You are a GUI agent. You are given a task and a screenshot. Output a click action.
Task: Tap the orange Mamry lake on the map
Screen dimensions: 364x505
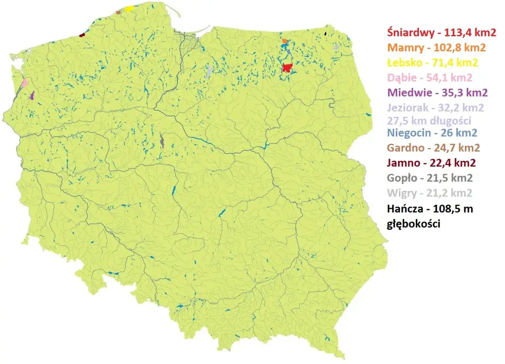click(x=284, y=41)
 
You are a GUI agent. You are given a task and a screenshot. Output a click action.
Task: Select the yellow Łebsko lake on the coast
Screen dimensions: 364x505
click(x=129, y=9)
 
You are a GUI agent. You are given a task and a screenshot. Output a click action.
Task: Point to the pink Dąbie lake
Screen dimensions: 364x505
click(x=25, y=82)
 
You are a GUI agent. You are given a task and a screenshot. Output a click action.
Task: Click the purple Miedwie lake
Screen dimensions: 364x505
click(x=32, y=95)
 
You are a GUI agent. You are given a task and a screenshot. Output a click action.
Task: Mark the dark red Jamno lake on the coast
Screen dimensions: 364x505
click(x=82, y=35)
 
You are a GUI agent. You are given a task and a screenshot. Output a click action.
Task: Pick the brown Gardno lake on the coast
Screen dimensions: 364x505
click(x=118, y=12)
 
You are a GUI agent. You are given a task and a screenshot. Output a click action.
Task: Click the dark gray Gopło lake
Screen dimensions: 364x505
click(x=162, y=141)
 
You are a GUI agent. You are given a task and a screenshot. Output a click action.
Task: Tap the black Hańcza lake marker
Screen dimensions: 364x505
click(x=325, y=34)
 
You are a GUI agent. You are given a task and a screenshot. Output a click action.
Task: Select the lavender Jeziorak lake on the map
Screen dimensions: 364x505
click(x=209, y=72)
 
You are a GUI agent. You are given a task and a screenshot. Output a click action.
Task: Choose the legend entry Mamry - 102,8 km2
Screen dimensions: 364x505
click(x=436, y=48)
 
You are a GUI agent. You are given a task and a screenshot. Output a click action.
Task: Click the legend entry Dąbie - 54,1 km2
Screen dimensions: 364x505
click(x=430, y=78)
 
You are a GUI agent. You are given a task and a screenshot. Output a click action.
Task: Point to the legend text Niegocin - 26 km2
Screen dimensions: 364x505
click(x=432, y=133)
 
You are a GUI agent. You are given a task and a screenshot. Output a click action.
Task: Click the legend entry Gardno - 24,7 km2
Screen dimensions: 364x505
click(x=434, y=148)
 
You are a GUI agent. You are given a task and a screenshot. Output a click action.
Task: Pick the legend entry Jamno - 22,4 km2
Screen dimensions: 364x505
click(x=431, y=163)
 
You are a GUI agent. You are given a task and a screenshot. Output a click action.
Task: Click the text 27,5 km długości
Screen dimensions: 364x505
click(x=429, y=120)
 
